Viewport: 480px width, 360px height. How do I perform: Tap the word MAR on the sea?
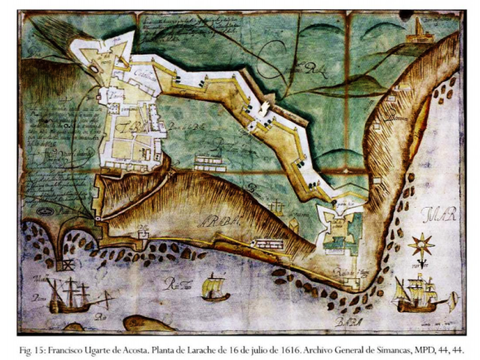pos(435,218)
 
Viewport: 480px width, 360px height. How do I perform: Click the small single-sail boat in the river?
pos(215,287)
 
